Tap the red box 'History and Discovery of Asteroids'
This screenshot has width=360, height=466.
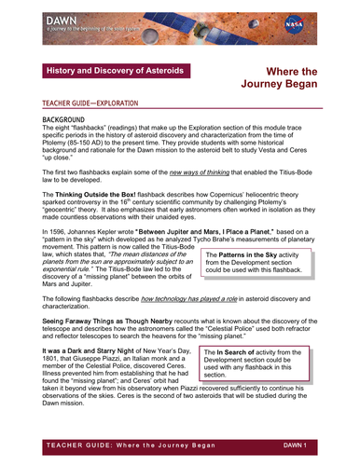[x=116, y=71]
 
